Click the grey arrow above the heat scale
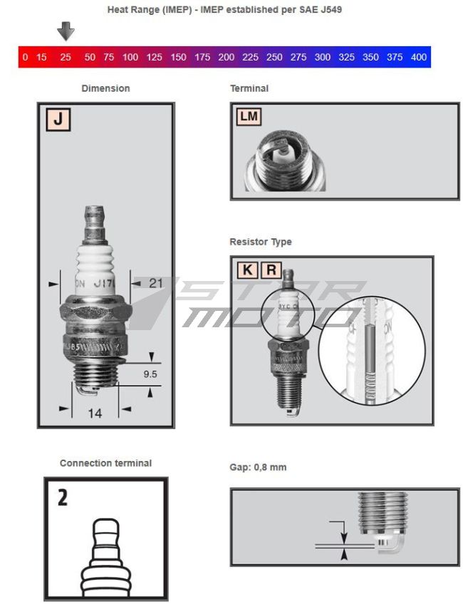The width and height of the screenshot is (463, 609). (66, 31)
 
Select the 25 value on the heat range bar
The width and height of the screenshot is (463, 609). (66, 57)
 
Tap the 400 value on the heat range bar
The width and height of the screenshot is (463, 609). (419, 57)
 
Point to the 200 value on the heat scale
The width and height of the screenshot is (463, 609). (226, 57)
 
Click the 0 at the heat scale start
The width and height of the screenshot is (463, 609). (25, 57)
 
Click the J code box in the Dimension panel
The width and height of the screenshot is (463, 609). (58, 119)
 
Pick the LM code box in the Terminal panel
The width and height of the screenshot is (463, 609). (249, 117)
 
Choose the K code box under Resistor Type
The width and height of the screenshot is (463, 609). (247, 270)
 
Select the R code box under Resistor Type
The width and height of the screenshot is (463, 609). (271, 270)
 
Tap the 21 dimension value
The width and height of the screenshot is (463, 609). (156, 283)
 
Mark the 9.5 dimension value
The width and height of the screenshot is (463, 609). (151, 373)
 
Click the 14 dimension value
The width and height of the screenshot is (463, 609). (95, 413)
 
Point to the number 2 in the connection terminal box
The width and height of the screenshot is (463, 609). (63, 497)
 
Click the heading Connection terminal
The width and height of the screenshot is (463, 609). (105, 463)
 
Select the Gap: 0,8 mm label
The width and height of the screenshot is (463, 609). (258, 467)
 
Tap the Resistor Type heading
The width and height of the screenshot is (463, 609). (261, 242)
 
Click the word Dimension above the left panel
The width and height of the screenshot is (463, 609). (105, 89)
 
